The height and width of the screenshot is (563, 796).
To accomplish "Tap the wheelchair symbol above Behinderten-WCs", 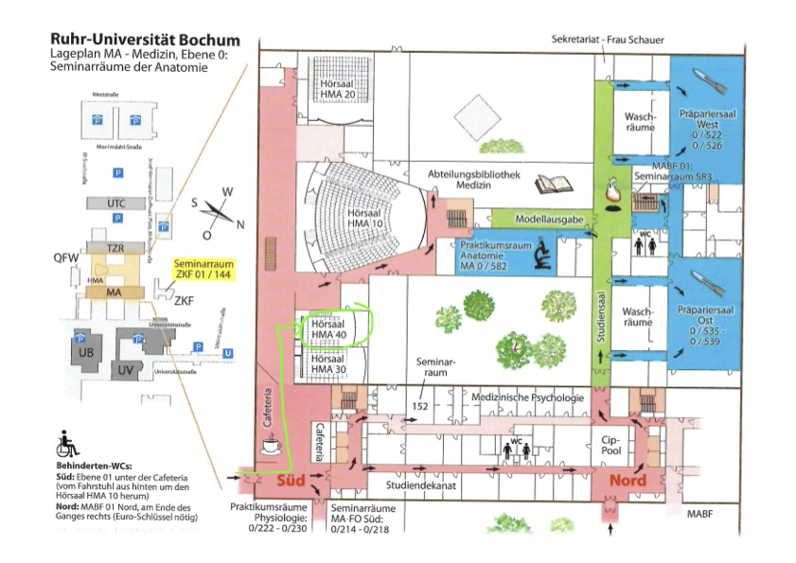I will pos(68,443).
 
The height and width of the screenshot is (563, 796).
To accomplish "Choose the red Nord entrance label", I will pos(627,480).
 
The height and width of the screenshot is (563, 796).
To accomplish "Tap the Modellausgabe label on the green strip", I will pos(550,219).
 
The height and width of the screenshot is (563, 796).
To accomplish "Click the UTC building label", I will pos(115,203).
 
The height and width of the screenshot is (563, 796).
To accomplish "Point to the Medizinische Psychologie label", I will pos(527,397).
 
